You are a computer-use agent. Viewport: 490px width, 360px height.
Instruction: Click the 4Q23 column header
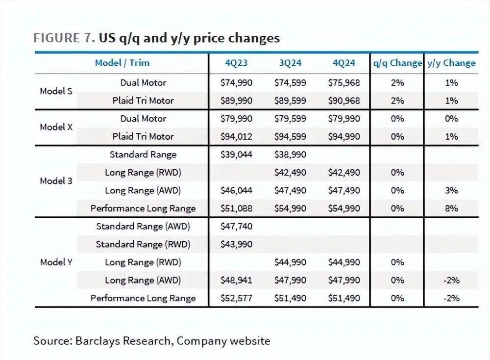(236, 63)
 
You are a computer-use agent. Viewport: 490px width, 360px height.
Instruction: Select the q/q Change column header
(397, 63)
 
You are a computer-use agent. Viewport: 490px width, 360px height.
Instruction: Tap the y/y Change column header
(451, 63)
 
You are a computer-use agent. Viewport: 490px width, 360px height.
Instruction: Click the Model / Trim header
(122, 63)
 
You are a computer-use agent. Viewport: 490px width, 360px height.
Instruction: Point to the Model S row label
(56, 91)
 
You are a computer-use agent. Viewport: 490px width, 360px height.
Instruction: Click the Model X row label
(56, 127)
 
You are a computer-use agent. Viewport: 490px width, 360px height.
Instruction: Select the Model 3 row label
(56, 181)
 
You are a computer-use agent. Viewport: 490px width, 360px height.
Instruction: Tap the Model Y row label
(56, 262)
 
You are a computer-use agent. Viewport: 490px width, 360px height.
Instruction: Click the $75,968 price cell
(344, 82)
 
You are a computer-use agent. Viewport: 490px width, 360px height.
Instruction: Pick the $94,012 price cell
(236, 136)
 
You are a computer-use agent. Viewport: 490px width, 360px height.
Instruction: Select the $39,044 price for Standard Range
(236, 154)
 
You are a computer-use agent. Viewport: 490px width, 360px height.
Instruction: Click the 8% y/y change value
(451, 208)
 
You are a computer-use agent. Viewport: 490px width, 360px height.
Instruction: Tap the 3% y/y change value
(451, 190)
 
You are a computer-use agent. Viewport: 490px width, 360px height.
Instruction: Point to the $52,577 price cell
(236, 298)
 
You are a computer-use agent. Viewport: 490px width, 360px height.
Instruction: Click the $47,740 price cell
(236, 226)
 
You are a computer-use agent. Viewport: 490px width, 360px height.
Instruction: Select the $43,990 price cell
(236, 244)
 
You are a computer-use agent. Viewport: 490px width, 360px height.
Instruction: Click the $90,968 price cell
(344, 101)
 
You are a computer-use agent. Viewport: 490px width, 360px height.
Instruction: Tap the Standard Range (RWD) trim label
(143, 244)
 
